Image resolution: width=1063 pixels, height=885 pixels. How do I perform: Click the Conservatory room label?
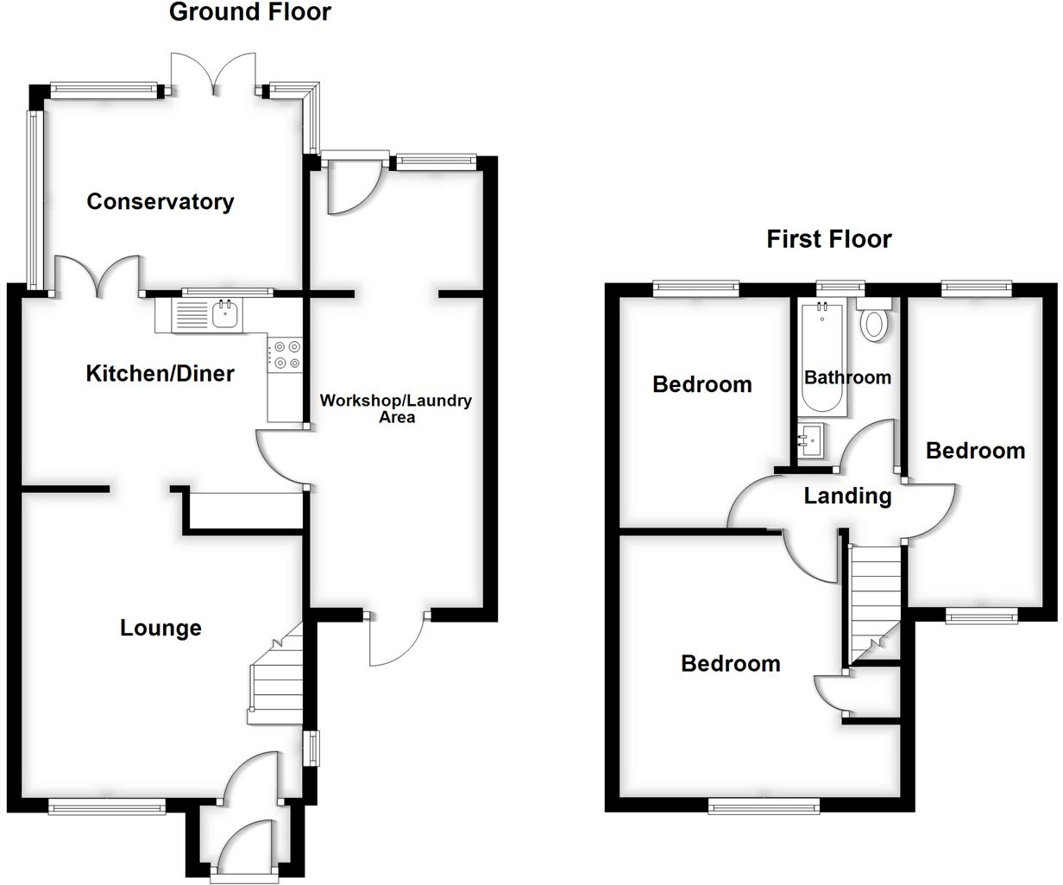[x=160, y=202]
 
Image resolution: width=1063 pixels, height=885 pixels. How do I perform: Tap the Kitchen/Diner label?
[x=160, y=373]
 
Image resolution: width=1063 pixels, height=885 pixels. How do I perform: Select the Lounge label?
[x=160, y=628]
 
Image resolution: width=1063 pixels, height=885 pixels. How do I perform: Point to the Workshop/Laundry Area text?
[x=396, y=408]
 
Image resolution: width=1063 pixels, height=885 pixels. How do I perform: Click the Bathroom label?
[x=847, y=377]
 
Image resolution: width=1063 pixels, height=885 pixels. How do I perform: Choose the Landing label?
[x=847, y=496]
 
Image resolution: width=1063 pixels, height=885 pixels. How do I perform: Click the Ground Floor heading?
[x=250, y=12]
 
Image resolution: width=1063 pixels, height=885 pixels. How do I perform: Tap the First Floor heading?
[x=828, y=239]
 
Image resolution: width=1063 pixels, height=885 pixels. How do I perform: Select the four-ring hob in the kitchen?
[x=285, y=355]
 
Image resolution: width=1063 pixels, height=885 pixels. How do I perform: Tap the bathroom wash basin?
[x=810, y=442]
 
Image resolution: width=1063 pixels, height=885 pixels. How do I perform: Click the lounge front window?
[x=106, y=808]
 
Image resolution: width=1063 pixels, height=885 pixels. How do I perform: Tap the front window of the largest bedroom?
[x=764, y=806]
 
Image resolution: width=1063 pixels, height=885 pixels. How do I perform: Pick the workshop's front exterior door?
[x=397, y=639]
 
